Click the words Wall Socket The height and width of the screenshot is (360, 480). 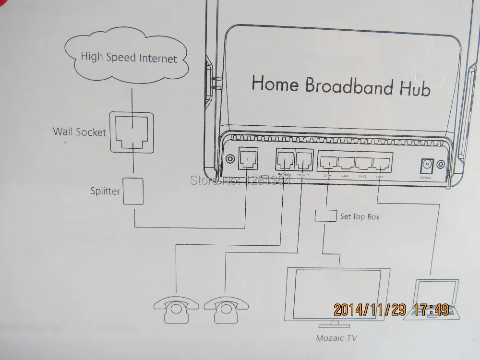click(x=80, y=132)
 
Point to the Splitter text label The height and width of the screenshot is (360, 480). click(x=105, y=191)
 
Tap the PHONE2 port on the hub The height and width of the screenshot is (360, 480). click(x=284, y=160)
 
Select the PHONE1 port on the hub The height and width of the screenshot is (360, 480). click(x=303, y=160)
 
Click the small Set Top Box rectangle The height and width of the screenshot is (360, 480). click(x=325, y=216)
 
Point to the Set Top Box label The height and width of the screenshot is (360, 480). click(x=360, y=217)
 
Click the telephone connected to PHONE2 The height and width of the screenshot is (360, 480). click(x=176, y=309)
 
